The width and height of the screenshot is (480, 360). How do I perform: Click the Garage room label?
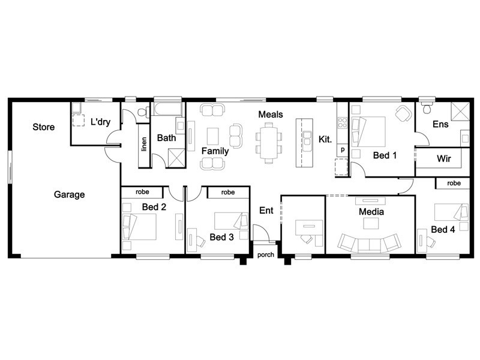tap(69, 194)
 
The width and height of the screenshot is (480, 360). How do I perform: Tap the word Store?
tap(43, 127)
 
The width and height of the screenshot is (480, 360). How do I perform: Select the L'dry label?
tap(100, 122)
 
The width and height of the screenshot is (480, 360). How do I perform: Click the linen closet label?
tap(144, 144)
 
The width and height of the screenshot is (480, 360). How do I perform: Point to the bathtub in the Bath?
tap(167, 109)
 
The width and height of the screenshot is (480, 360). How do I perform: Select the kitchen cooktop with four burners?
tap(342, 123)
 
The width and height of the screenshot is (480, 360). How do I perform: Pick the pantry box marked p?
tap(343, 150)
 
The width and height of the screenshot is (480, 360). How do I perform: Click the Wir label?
tap(443, 158)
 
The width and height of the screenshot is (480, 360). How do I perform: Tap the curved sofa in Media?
tap(369, 244)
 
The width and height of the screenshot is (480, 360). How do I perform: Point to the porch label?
tap(265, 254)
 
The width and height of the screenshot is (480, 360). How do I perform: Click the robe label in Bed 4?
tap(454, 183)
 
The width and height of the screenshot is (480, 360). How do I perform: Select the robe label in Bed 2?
tap(142, 192)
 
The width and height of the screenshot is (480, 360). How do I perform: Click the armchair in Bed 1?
tap(403, 113)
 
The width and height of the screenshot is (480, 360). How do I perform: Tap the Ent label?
tap(266, 211)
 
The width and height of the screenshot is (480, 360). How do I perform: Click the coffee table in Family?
tap(213, 136)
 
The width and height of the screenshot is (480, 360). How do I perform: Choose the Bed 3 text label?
tap(221, 237)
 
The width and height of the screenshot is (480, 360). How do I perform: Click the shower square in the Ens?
tap(460, 112)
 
